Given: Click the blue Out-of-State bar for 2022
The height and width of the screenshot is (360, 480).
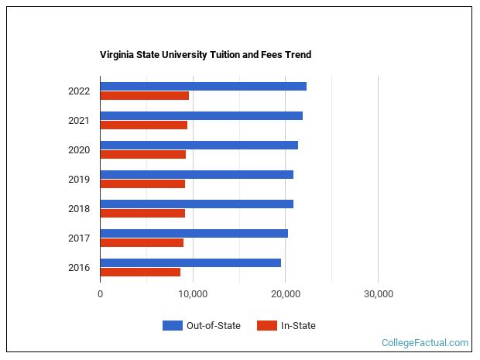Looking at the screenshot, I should coord(203,86).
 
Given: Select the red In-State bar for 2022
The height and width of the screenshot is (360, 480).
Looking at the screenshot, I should coord(145,96).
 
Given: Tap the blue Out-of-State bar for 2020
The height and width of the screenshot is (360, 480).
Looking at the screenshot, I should coord(199,145).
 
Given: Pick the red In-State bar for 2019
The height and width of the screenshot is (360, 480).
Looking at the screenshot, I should coord(142,184).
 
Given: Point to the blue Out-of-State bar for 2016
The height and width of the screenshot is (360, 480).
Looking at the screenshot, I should coord(190,262).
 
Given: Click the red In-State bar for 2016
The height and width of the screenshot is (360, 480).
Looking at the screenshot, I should coord(140,273).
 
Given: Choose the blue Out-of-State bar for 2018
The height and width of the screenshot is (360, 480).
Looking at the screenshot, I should coord(197,204).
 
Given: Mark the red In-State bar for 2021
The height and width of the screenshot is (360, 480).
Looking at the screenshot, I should coord(144,125).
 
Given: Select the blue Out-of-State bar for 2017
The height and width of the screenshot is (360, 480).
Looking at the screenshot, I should coord(194,233).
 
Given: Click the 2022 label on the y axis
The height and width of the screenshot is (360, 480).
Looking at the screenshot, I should coord(79,91).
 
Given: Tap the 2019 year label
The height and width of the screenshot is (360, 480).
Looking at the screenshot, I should coord(79,180).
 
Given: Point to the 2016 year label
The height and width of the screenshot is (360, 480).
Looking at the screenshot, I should coord(79,268).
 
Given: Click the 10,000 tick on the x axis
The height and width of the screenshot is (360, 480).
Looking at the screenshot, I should coord(193,294).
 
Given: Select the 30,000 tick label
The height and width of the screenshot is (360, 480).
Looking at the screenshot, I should coord(378,294).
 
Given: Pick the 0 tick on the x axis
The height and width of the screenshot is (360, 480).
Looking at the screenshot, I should coord(101,294).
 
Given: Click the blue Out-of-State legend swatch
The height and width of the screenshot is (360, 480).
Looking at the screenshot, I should coord(172,326).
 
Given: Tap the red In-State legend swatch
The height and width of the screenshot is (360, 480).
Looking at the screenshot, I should coord(266,326).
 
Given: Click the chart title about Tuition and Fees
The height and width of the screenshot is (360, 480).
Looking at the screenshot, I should coord(205,55).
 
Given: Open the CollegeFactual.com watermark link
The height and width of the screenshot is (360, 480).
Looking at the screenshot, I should coord(425,342).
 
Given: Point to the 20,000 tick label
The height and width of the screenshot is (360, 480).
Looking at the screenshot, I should coord(286,294).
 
